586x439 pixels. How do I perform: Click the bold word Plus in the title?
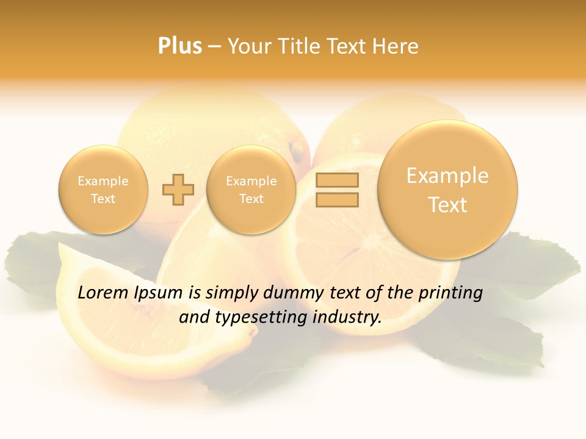coord(179,46)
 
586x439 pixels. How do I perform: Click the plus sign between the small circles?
coord(178,190)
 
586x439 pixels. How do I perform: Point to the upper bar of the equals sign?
coord(336,180)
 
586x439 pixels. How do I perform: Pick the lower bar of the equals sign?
coord(336,199)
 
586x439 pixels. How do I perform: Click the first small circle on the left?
coord(103,190)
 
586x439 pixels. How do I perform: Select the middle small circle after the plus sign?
coord(251,190)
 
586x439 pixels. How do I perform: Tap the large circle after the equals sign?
coord(447,190)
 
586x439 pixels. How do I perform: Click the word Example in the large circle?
coord(447,176)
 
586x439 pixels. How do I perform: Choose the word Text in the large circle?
coord(447,205)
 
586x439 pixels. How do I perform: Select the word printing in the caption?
coord(450,293)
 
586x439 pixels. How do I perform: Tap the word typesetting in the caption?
coord(256,318)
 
